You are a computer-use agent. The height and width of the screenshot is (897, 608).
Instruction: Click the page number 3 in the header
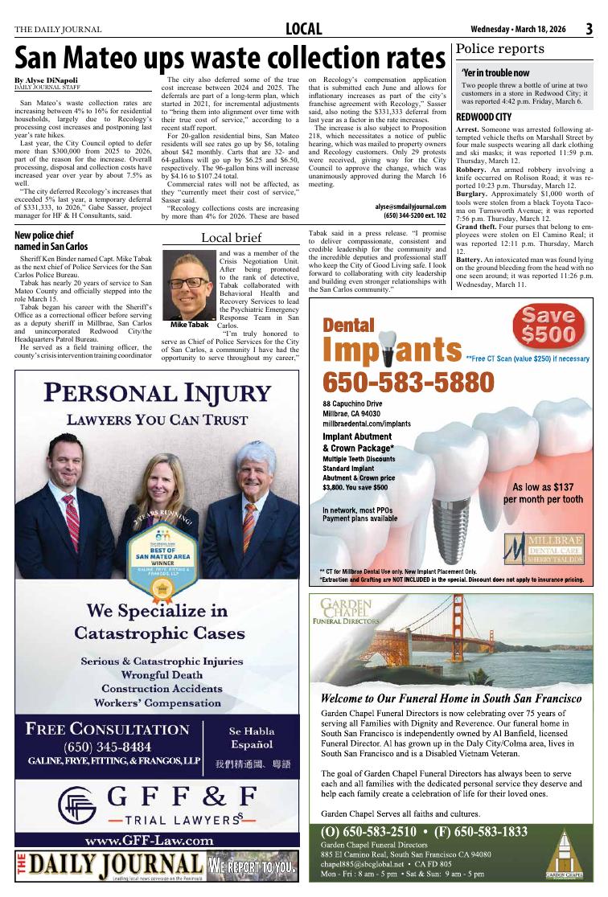click(x=590, y=30)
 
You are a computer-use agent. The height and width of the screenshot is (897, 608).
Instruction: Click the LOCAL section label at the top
click(x=304, y=31)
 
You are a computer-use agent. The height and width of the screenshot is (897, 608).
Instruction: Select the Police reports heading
click(x=500, y=49)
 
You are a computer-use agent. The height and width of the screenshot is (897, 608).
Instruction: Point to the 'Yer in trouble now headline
click(x=495, y=73)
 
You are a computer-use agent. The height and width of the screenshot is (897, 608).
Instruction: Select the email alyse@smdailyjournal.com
click(x=410, y=206)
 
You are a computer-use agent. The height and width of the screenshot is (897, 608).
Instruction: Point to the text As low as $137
click(x=543, y=487)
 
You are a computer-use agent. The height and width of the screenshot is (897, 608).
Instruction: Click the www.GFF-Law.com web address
click(x=149, y=841)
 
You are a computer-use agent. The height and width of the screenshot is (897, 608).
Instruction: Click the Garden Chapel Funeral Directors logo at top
click(x=348, y=612)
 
